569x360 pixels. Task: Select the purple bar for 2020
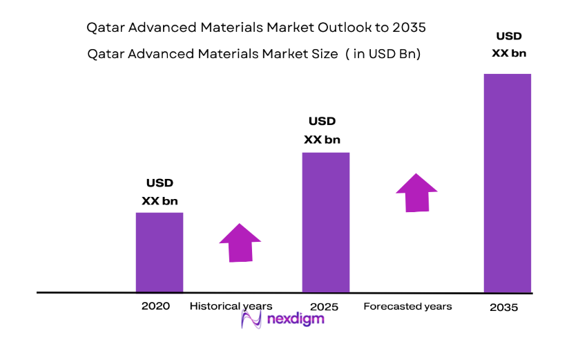click(159, 252)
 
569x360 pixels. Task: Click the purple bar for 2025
click(326, 222)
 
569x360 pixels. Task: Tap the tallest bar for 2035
click(507, 183)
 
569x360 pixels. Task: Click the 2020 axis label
click(155, 306)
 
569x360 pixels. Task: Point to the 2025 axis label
click(325, 306)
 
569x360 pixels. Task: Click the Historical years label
click(231, 306)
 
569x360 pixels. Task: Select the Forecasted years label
click(407, 306)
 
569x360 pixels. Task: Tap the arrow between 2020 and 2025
click(240, 243)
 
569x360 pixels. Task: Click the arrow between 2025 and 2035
click(416, 192)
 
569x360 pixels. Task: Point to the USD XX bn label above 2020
click(160, 192)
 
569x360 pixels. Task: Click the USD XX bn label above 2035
click(510, 44)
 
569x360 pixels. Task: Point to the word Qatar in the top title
click(104, 28)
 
